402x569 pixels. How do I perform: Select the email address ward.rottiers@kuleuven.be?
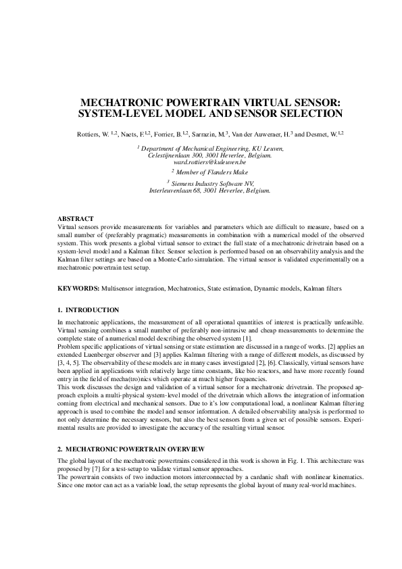[209, 163]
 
